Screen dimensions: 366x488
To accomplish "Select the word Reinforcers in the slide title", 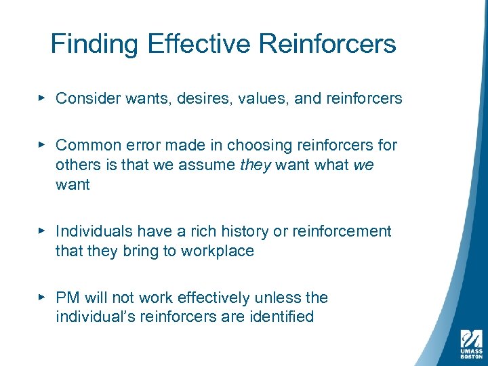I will click(x=327, y=44).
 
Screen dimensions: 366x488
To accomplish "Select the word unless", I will click(x=276, y=298).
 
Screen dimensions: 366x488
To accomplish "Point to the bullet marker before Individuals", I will click(x=42, y=231).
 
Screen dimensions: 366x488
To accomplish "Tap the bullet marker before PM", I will click(x=42, y=297).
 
